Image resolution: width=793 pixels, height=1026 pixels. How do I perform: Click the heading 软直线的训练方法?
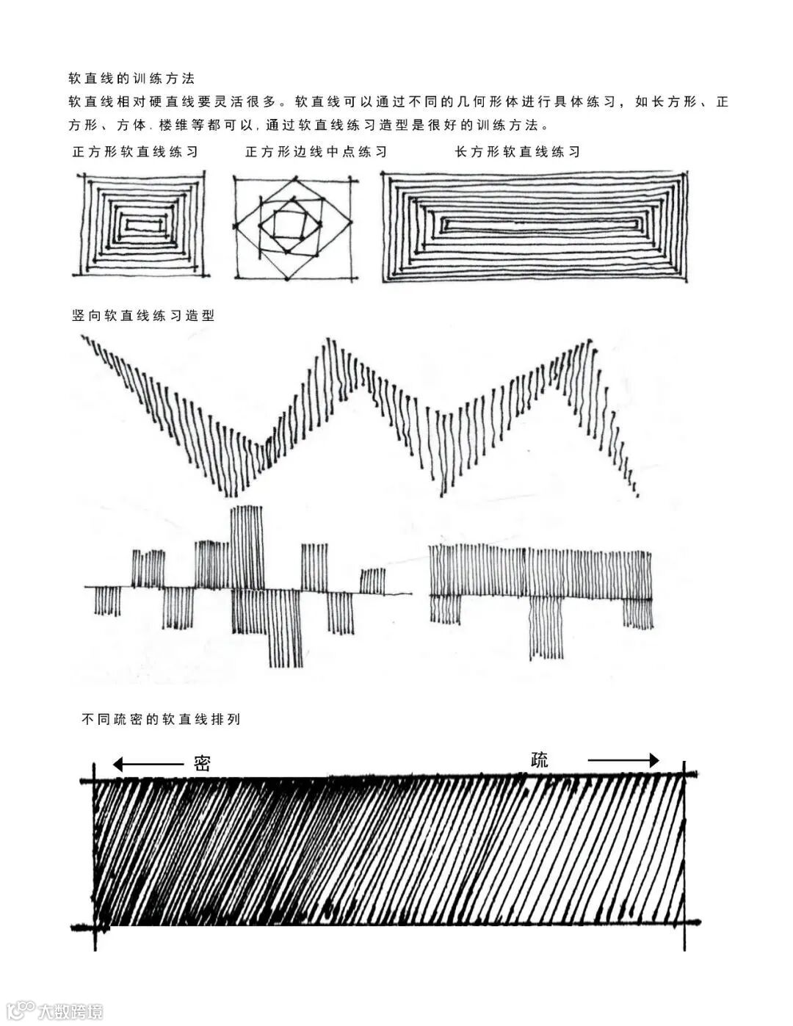click(x=131, y=78)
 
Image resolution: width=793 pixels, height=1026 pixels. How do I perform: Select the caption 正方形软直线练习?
click(x=135, y=152)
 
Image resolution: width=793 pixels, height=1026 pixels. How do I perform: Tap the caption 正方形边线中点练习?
click(x=316, y=152)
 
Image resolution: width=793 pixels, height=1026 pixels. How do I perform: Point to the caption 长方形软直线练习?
click(x=518, y=152)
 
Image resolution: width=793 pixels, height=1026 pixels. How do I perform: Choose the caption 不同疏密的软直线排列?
click(x=161, y=720)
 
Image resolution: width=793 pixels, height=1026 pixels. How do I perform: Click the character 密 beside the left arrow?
click(x=203, y=763)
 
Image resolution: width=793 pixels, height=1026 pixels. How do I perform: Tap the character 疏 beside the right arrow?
click(x=540, y=759)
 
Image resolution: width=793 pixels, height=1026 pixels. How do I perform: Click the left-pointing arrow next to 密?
click(x=147, y=765)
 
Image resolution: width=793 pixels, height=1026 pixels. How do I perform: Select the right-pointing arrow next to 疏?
click(x=624, y=761)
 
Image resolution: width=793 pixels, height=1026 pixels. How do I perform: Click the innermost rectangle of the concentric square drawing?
click(x=141, y=224)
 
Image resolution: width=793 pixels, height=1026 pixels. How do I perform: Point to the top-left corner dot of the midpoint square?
click(x=236, y=178)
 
